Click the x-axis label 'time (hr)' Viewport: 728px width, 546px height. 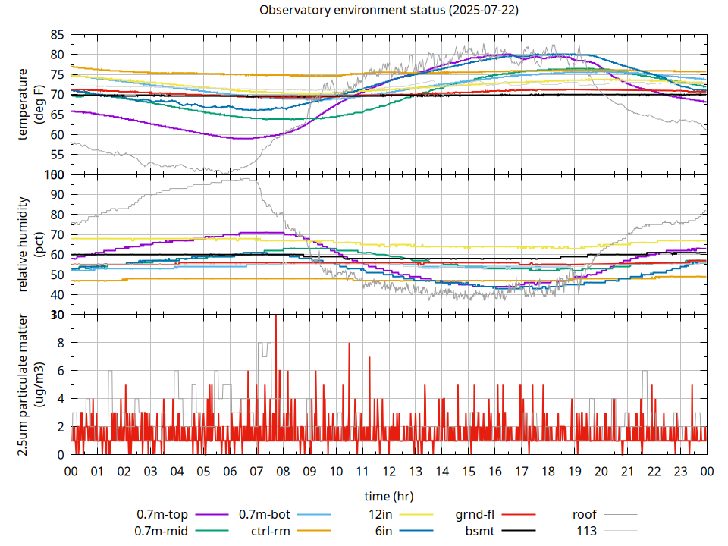(x=388, y=496)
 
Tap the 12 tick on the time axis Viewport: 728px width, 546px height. (x=388, y=471)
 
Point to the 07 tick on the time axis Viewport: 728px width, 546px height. (x=256, y=471)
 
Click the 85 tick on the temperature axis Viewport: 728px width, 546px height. (x=57, y=35)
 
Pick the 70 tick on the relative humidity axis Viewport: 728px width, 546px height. (x=57, y=234)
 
